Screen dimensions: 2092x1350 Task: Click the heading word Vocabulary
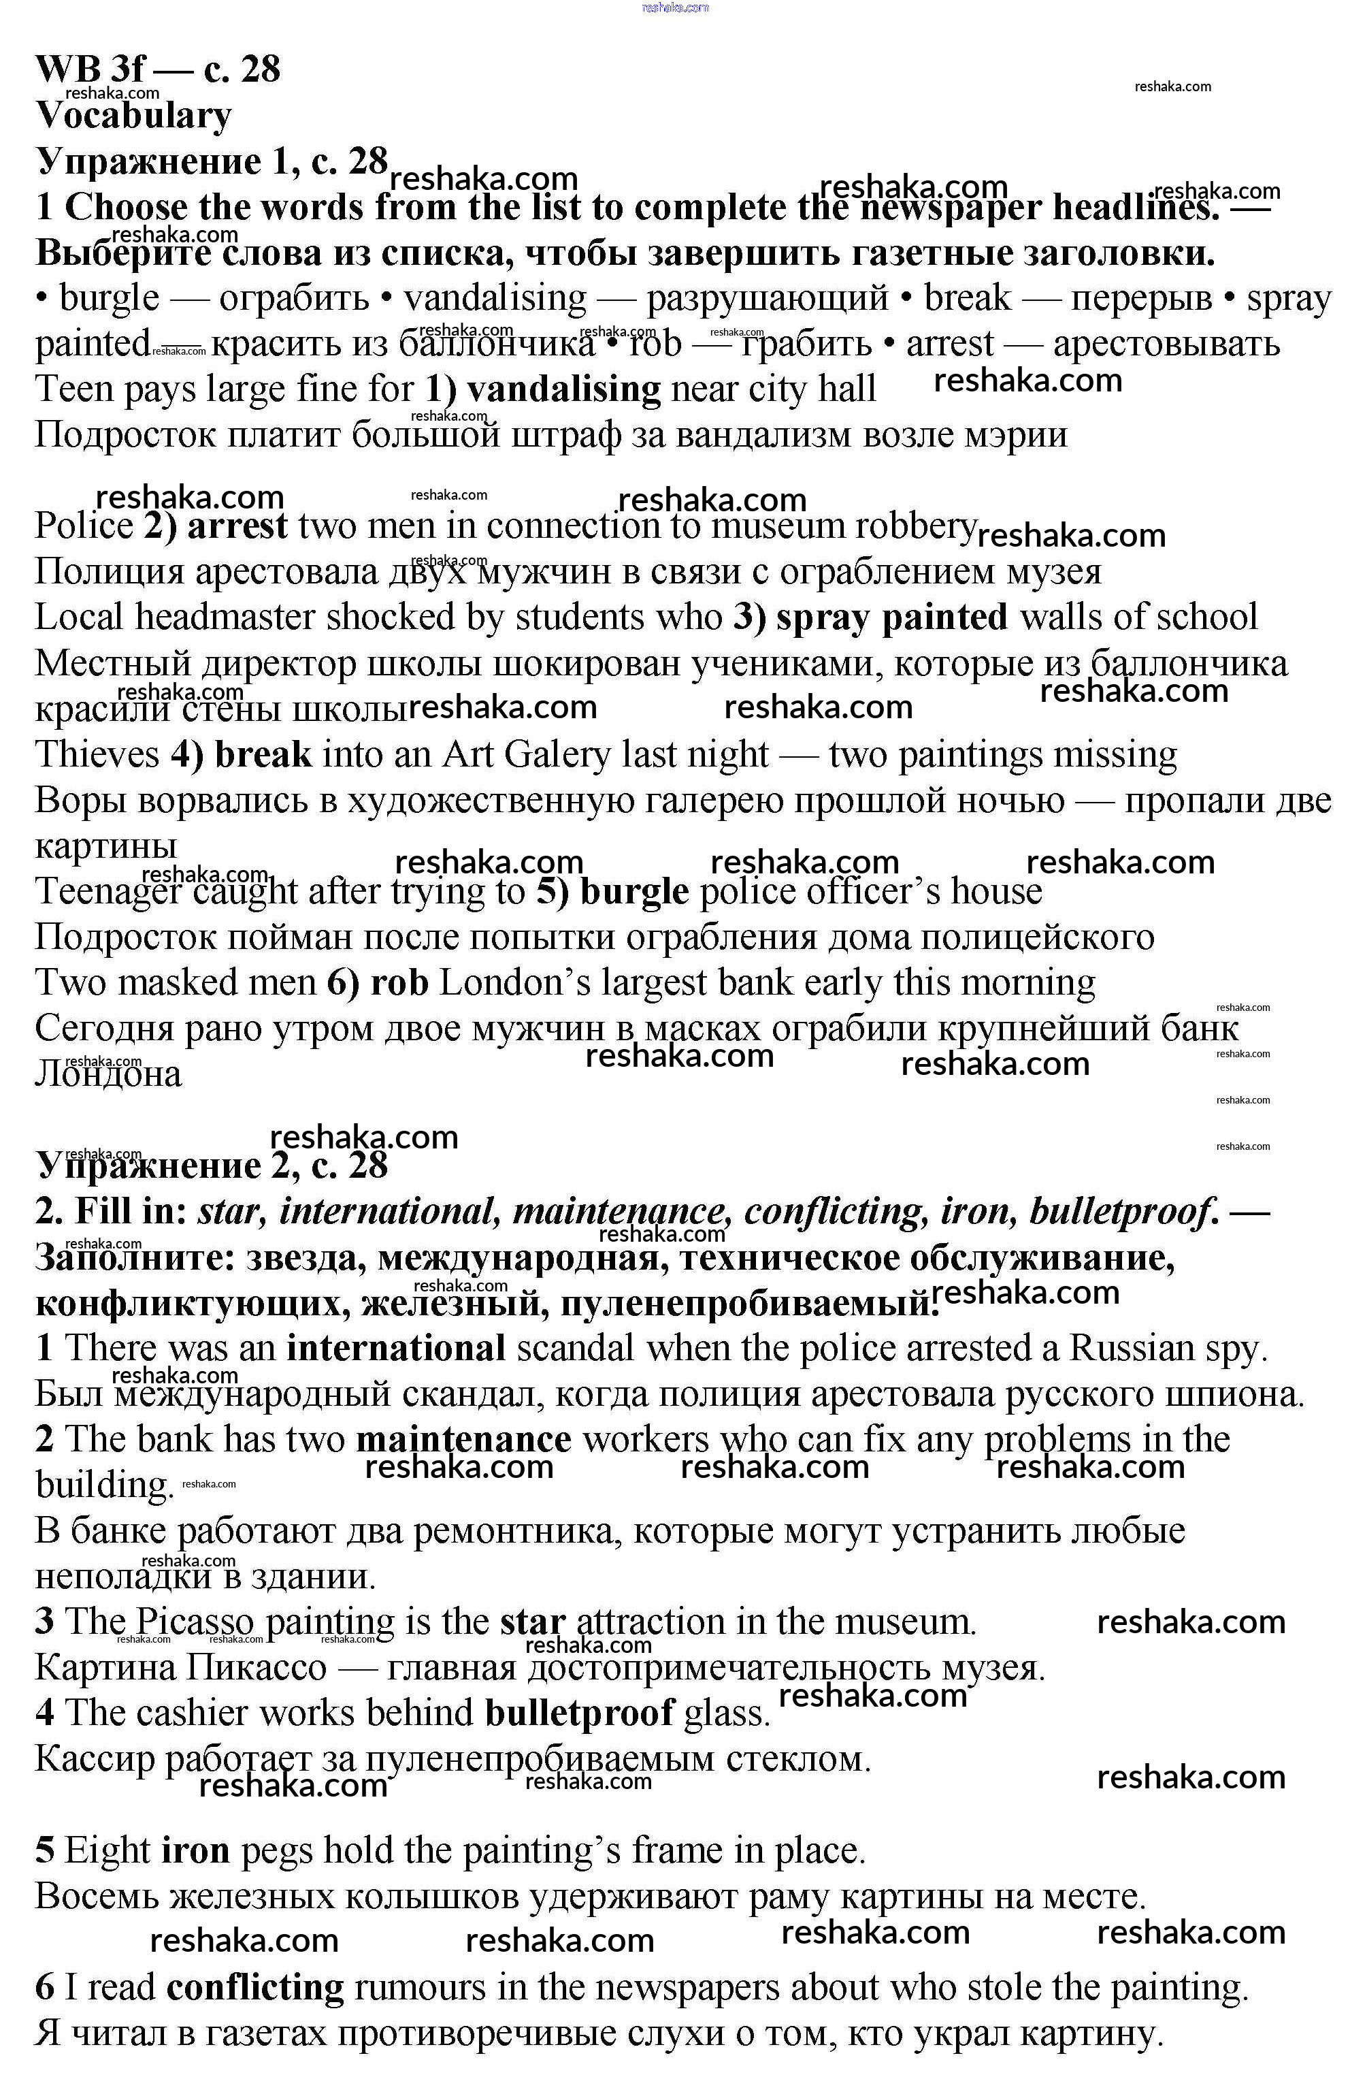click(133, 115)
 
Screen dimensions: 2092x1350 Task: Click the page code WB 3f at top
click(91, 68)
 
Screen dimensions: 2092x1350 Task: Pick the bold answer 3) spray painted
click(870, 617)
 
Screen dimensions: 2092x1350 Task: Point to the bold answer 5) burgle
click(612, 892)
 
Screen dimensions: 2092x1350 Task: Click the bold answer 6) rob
click(377, 983)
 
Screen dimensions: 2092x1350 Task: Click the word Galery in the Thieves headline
click(557, 755)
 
